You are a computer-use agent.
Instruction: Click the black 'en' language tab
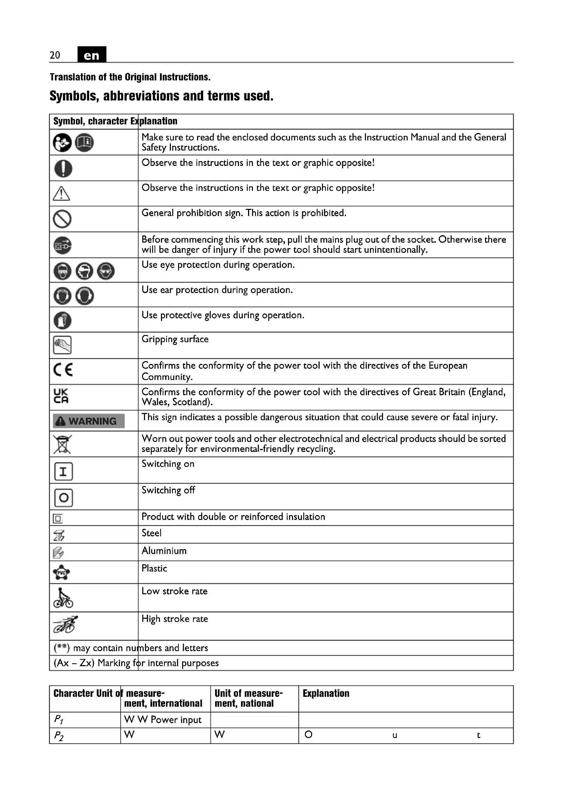coord(92,55)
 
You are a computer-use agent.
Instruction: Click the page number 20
coord(55,55)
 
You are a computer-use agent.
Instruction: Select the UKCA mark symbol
coord(61,396)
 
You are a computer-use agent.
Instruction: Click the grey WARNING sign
coord(89,421)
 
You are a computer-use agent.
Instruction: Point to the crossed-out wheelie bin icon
coord(62,444)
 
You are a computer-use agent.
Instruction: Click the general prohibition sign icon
coord(62,219)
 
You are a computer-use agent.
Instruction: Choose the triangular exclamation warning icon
coord(61,194)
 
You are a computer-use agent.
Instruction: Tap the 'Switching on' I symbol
coord(63,471)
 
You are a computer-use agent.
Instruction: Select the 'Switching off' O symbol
coord(63,498)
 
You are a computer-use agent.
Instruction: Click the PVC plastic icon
coord(62,572)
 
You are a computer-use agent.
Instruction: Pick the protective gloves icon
coord(62,320)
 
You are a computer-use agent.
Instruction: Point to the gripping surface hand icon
coord(62,345)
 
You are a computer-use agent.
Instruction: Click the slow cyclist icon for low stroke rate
coord(63,598)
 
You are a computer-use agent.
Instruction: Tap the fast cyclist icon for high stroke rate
coord(65,625)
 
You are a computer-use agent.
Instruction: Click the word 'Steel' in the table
coord(151,533)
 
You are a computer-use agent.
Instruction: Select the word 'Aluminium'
coord(164,551)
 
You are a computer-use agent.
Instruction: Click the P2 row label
coord(59,736)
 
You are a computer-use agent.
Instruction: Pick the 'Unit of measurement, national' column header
coord(248,698)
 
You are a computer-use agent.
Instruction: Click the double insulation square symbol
coord(58,519)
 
